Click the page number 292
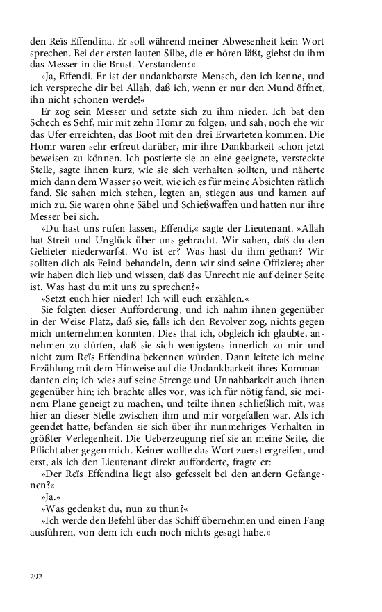[x=36, y=576]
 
